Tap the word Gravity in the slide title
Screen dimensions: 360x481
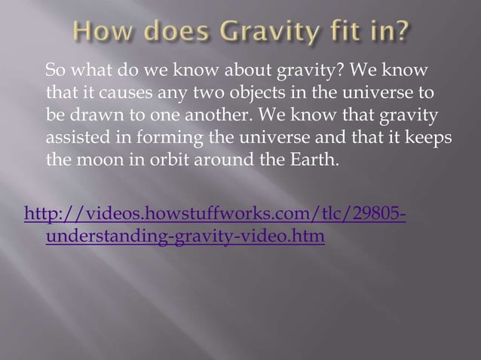coord(255,35)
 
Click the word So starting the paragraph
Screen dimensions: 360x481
coord(55,72)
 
